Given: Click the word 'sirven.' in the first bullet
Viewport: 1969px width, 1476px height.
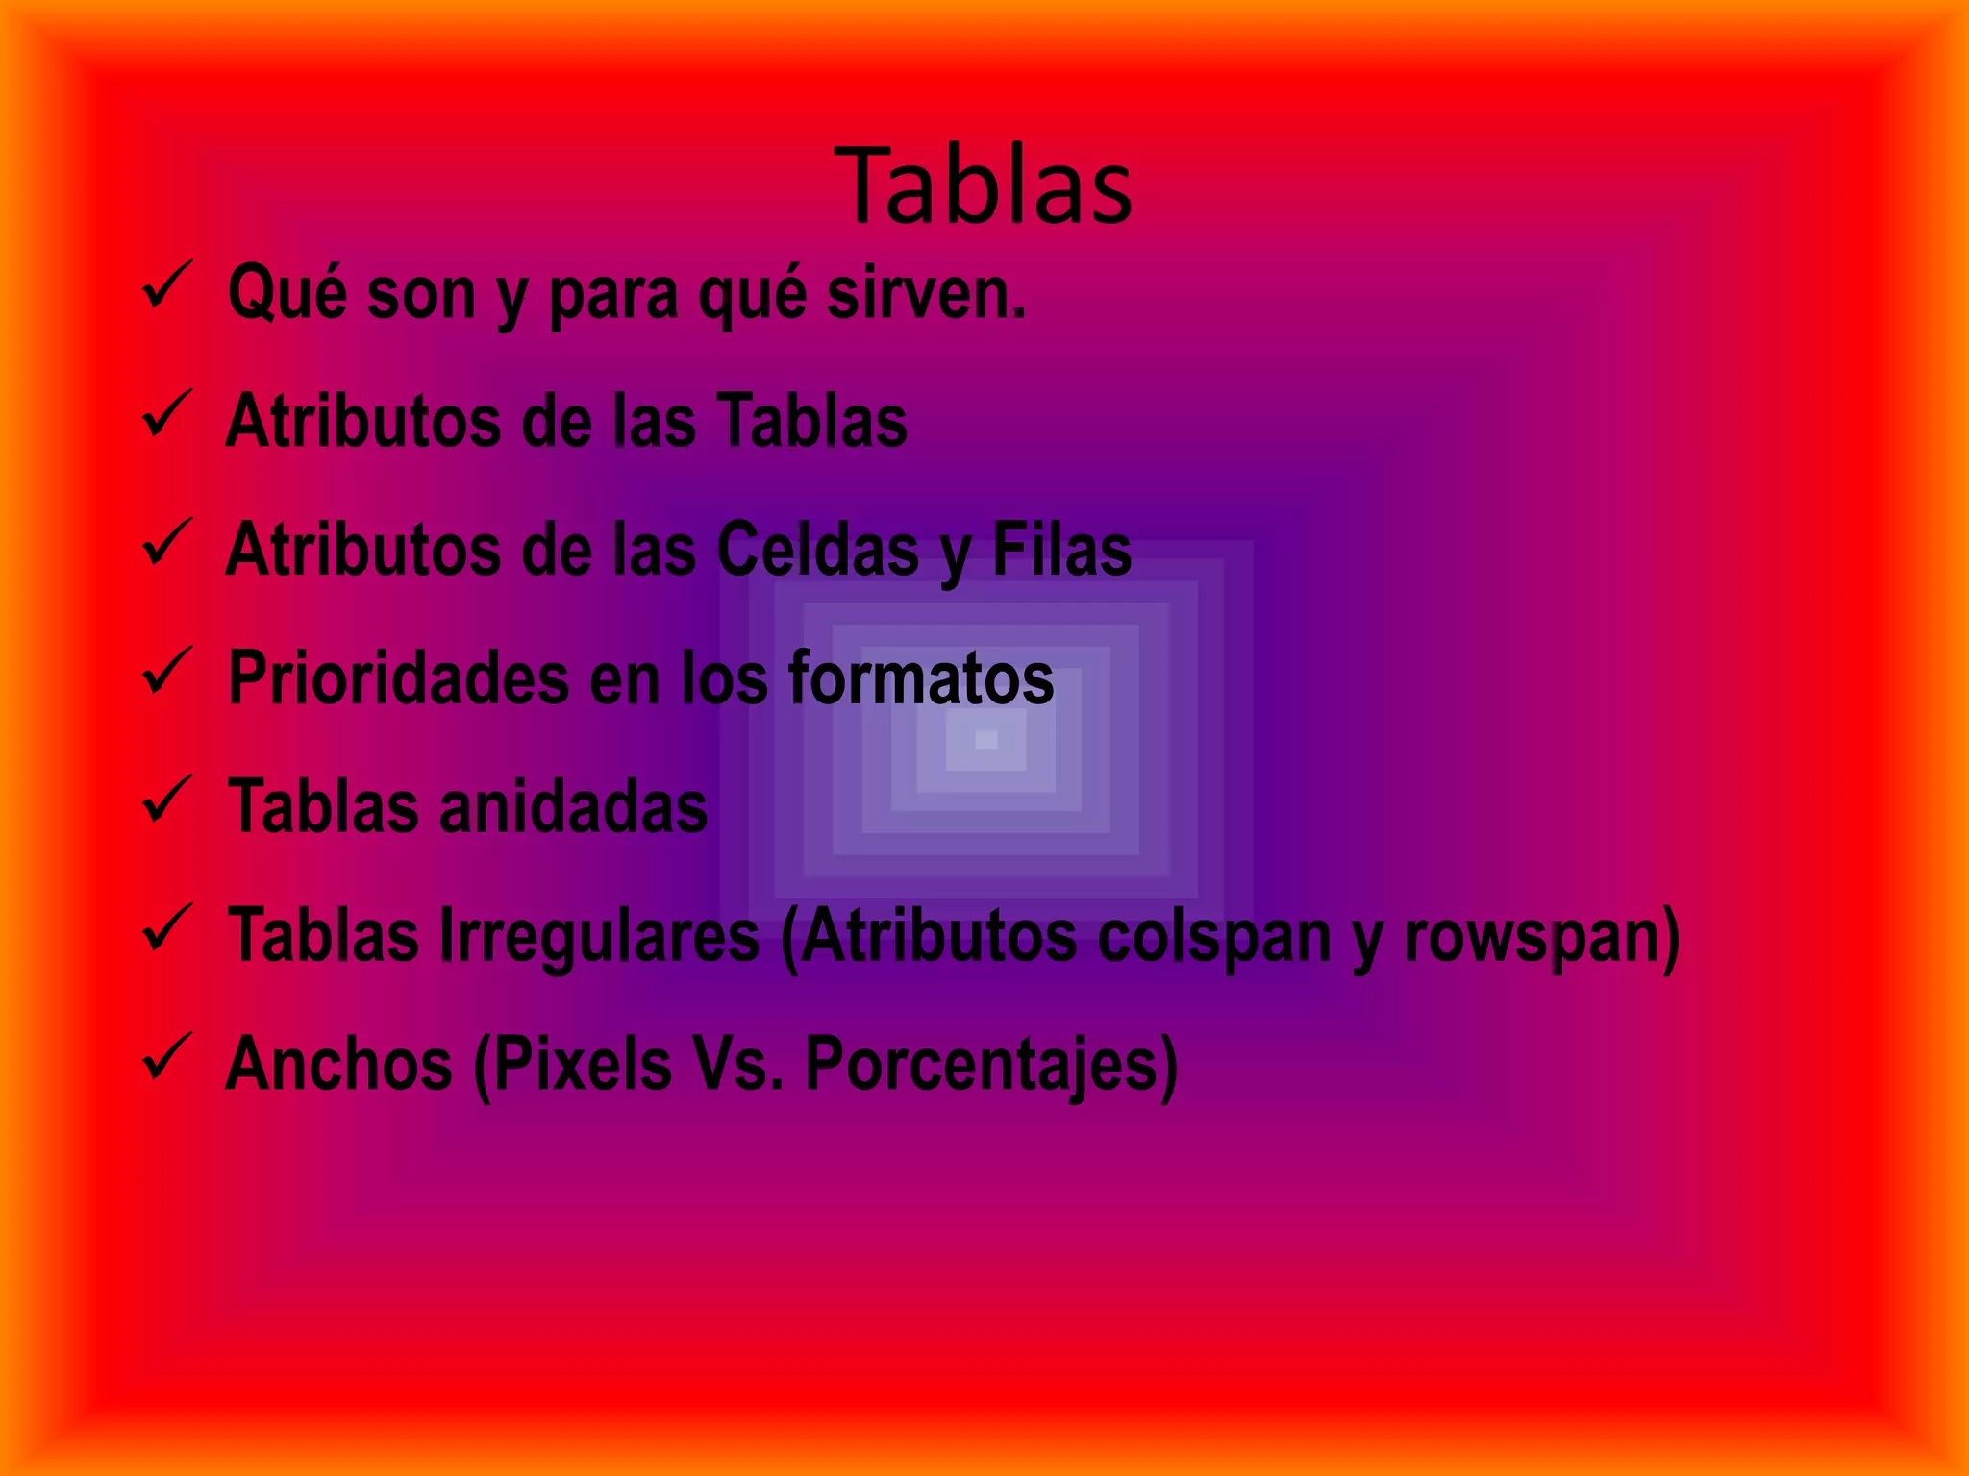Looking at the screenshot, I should (926, 293).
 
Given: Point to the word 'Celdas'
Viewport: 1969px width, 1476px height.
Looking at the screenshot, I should (818, 551).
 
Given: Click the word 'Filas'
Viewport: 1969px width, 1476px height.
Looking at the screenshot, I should (1061, 551).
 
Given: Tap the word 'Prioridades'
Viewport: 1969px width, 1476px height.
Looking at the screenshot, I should (398, 678).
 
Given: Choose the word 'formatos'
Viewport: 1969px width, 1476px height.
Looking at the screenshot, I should (921, 678).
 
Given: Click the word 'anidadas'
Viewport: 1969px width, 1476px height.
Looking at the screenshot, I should (573, 807).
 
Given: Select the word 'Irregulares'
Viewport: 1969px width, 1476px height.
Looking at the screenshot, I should (600, 936).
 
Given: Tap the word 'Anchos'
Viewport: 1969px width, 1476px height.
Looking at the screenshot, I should (338, 1065).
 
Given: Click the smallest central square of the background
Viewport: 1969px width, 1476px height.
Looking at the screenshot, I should (986, 739).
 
